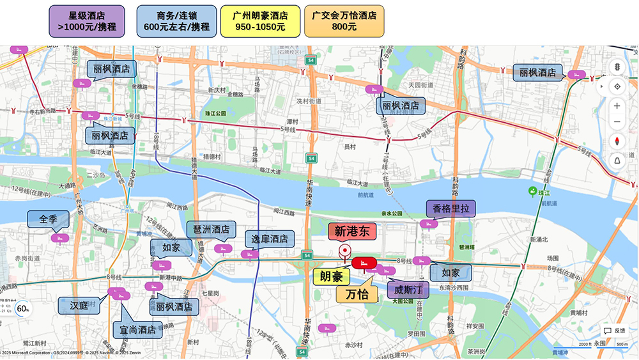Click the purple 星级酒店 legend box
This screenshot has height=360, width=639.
87,21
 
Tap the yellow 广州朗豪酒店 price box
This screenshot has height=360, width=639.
260,21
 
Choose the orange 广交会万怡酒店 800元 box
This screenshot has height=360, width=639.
344,21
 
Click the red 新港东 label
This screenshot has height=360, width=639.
353,231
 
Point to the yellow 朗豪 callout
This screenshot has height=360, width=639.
332,277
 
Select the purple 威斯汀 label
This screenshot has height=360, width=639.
408,290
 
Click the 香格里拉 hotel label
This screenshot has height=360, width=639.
450,208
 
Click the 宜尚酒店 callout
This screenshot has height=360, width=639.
137,330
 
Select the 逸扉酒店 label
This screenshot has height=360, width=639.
270,239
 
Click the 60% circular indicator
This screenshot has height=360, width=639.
23,309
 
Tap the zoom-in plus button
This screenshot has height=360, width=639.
617,106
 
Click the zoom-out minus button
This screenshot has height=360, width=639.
617,122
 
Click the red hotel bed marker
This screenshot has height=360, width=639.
364,262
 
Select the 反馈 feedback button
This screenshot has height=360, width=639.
615,331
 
